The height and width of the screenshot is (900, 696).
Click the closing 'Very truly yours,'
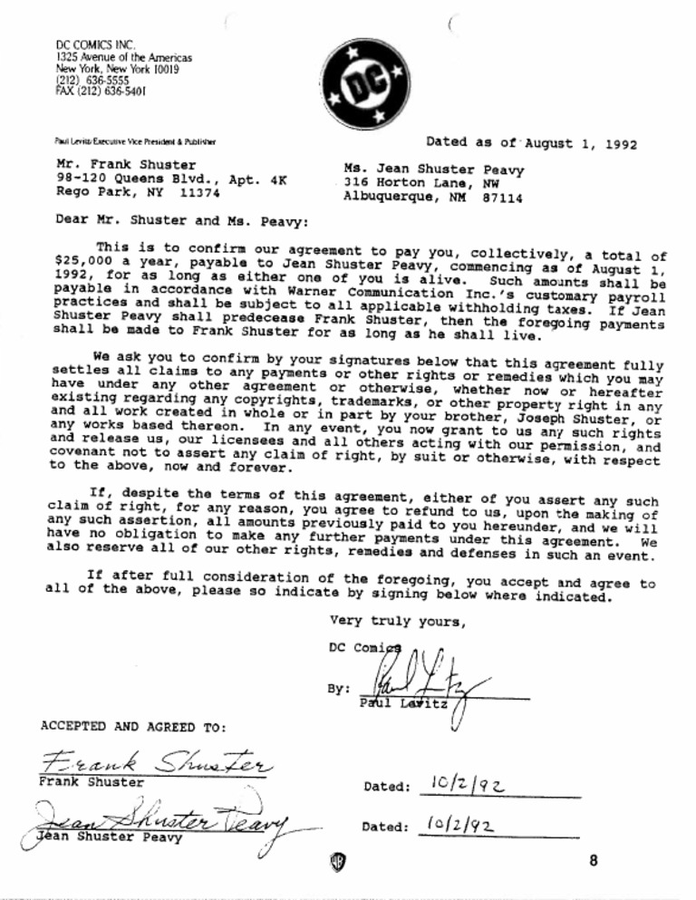[x=399, y=621]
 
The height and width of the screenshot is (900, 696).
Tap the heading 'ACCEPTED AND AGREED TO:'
[x=133, y=726]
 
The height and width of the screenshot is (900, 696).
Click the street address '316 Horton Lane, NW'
[x=420, y=183]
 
